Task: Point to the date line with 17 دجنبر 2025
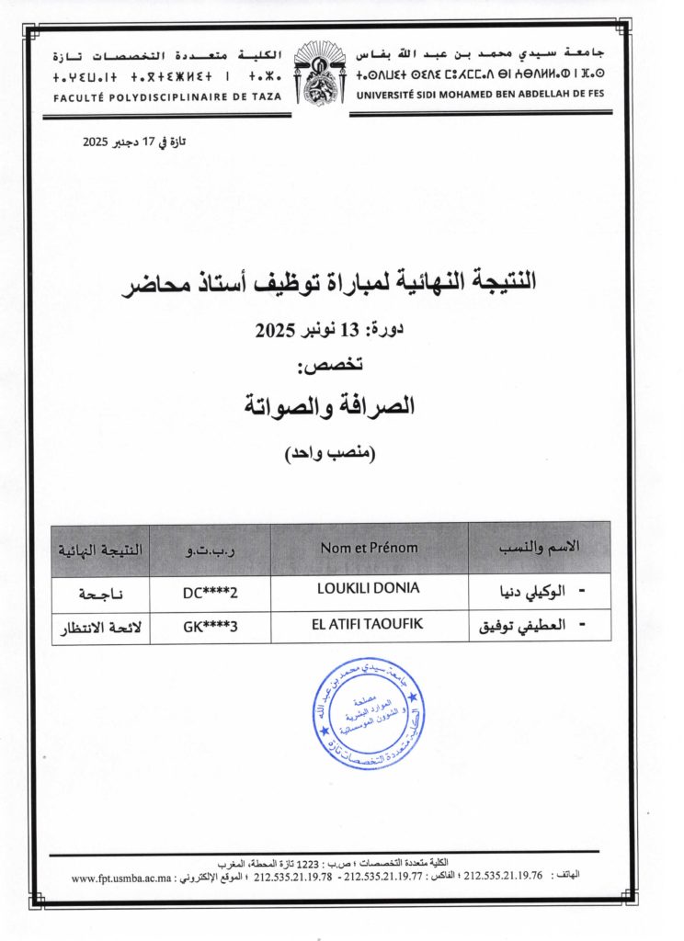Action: coord(134,142)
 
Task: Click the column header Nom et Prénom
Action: coord(369,548)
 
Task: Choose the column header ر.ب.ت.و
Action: coord(211,549)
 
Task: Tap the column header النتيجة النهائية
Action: coord(101,549)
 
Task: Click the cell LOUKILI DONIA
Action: coord(369,586)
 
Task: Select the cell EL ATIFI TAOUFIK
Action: coord(369,623)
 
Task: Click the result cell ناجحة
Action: coord(101,594)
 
